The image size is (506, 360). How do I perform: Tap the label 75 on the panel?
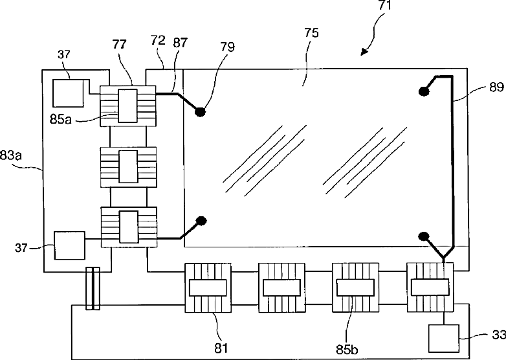click(x=311, y=34)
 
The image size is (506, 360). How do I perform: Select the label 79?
click(x=227, y=47)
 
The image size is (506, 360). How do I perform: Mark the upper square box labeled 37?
click(x=68, y=93)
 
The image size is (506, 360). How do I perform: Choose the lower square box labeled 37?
click(x=69, y=246)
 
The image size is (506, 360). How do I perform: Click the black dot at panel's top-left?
click(x=201, y=111)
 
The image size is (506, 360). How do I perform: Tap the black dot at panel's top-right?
click(x=424, y=91)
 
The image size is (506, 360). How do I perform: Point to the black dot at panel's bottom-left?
click(x=201, y=221)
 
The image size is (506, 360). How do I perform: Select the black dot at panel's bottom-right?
click(x=424, y=236)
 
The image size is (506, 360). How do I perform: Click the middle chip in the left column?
click(x=129, y=167)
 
